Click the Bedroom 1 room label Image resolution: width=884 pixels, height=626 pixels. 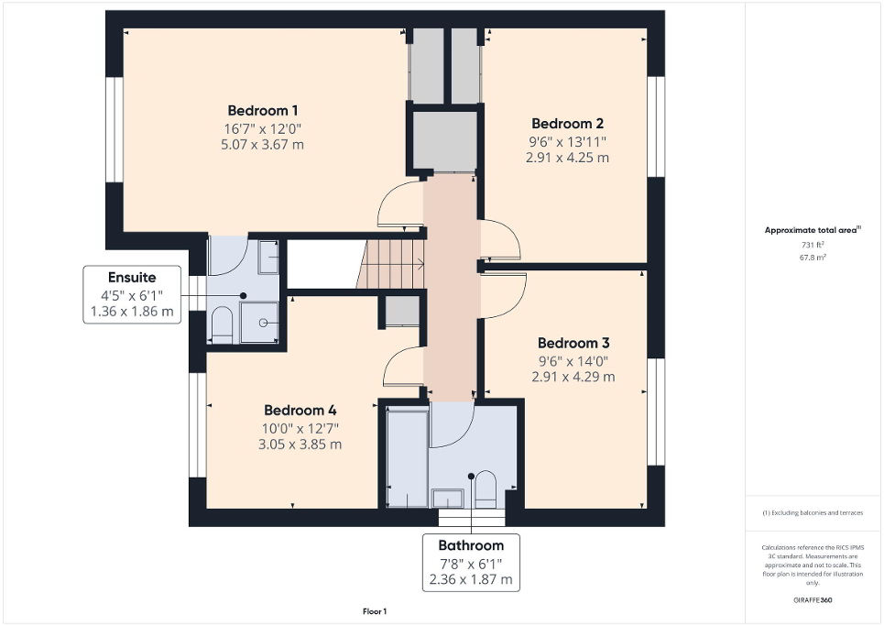262,111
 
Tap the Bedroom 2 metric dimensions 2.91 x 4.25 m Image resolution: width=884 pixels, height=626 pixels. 567,158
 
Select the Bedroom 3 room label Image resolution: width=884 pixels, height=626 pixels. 573,343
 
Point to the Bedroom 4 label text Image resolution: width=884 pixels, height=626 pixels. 300,410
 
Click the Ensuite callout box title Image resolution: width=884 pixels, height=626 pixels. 132,277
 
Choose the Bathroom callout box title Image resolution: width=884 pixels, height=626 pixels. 471,545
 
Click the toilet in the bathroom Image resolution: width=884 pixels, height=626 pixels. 486,489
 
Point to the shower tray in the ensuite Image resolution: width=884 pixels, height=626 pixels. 259,322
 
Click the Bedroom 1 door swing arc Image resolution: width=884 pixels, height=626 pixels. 399,204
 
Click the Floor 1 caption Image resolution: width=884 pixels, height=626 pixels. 375,611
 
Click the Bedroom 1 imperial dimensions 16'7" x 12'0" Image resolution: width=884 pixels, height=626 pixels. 262,129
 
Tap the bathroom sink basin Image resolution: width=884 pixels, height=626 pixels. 448,498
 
